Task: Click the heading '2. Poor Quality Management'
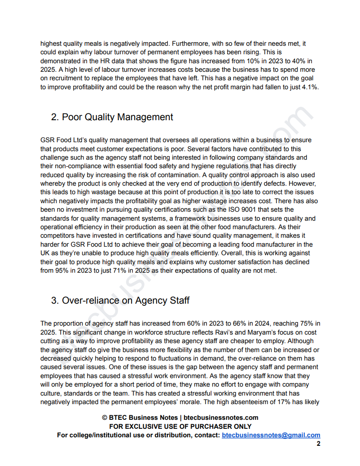click(112, 117)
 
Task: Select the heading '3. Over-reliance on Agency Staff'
click(120, 301)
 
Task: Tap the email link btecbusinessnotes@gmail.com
click(271, 435)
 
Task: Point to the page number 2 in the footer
click(318, 444)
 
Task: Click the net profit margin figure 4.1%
click(309, 87)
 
